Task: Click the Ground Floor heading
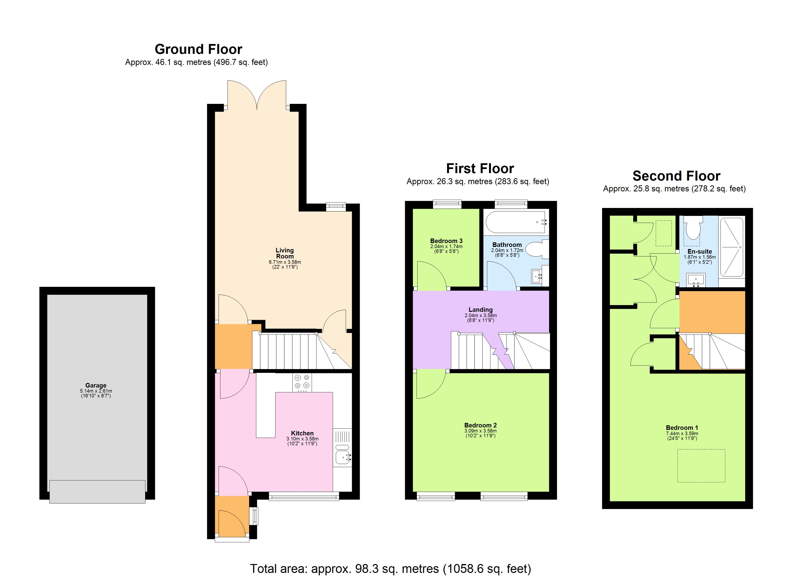tap(198, 49)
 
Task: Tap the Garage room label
tap(96, 385)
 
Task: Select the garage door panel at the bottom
tap(97, 492)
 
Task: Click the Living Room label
tap(285, 253)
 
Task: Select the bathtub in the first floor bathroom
tap(515, 222)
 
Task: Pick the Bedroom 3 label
tap(446, 241)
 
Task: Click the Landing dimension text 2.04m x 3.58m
tap(480, 315)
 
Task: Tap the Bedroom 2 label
tap(480, 425)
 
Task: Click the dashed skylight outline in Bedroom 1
tap(701, 466)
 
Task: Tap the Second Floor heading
tap(676, 176)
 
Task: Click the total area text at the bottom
tap(390, 569)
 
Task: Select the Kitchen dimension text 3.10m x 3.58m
tap(302, 439)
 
